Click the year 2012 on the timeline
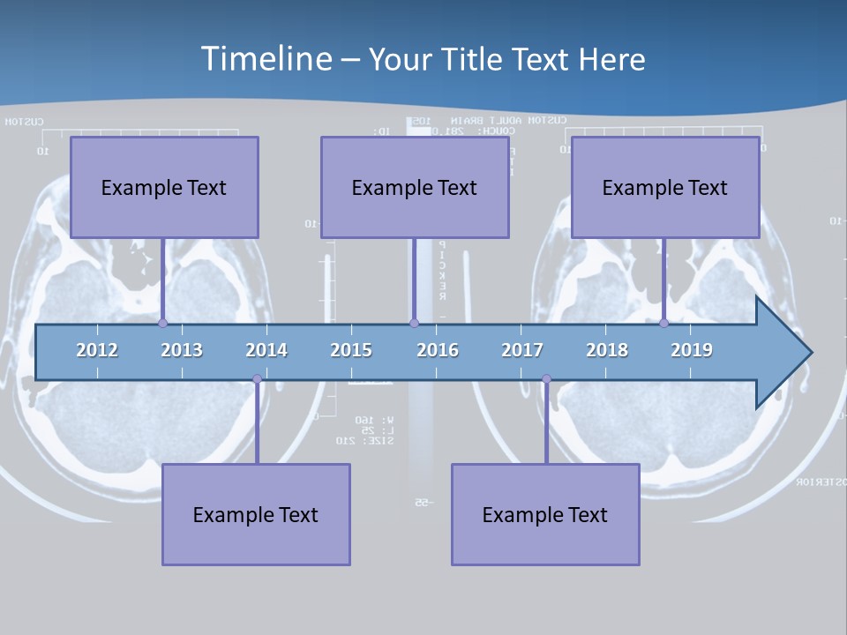(97, 350)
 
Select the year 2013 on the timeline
(182, 350)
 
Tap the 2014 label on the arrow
(266, 350)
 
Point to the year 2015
(351, 350)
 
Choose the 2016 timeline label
(438, 350)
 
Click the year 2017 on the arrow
(522, 350)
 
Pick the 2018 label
(607, 350)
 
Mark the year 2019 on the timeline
(692, 350)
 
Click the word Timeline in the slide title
(266, 58)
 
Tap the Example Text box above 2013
(164, 187)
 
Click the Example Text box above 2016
(415, 187)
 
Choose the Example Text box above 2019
(665, 187)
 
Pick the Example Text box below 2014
(256, 514)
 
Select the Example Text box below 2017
(545, 514)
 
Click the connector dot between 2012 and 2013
(162, 323)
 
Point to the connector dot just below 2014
(257, 379)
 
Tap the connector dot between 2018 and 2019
(663, 323)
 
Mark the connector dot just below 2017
(546, 379)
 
